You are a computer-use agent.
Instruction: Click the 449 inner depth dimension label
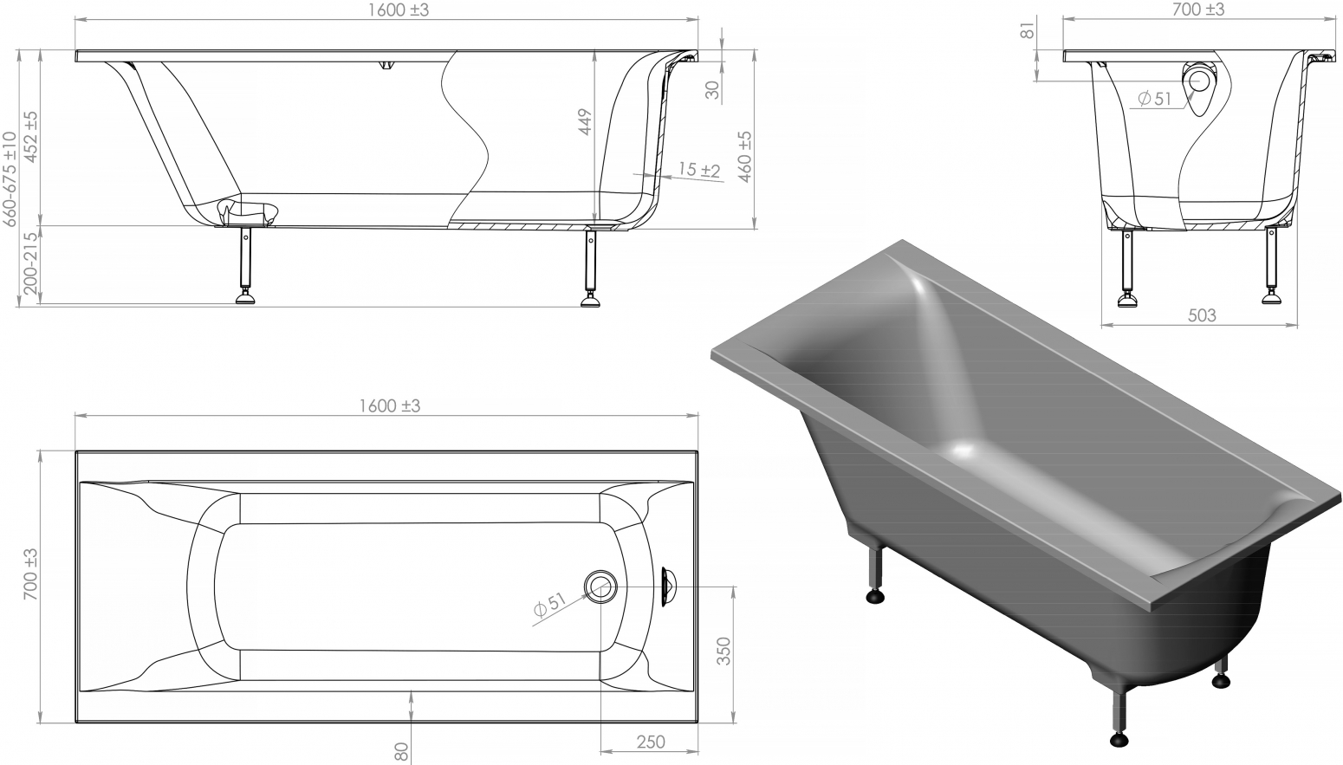point(585,121)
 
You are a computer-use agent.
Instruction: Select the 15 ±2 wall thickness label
point(700,170)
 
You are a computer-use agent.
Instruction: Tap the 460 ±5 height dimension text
point(744,157)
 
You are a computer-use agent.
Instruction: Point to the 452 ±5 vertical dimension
point(30,137)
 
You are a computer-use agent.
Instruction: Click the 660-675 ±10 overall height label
point(10,179)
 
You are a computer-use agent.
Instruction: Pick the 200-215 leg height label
point(30,263)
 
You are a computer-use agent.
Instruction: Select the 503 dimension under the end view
point(1202,315)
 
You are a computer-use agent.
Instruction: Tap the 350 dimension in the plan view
point(724,652)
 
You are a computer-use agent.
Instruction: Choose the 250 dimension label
point(651,742)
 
